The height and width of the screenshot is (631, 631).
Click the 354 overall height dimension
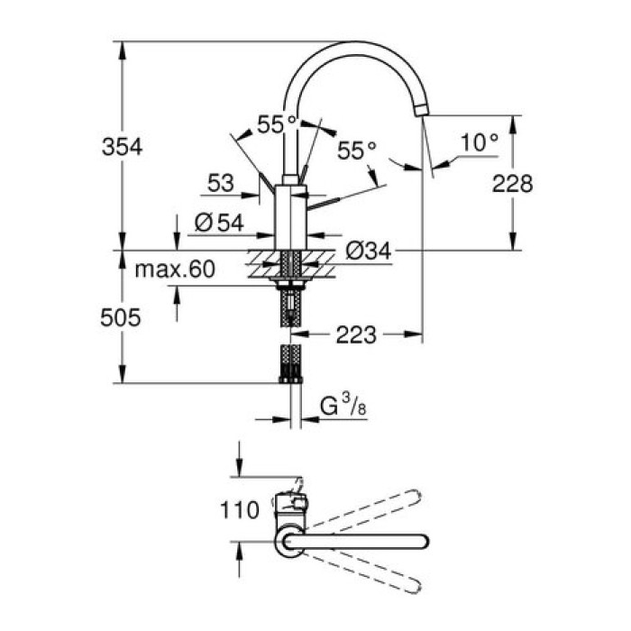[x=122, y=146]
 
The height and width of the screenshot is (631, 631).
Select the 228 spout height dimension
[x=513, y=184]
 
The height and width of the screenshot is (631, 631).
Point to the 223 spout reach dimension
[x=356, y=335]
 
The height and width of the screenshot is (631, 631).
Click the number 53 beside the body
[x=220, y=184]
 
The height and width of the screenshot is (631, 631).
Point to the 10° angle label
[x=478, y=142]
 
